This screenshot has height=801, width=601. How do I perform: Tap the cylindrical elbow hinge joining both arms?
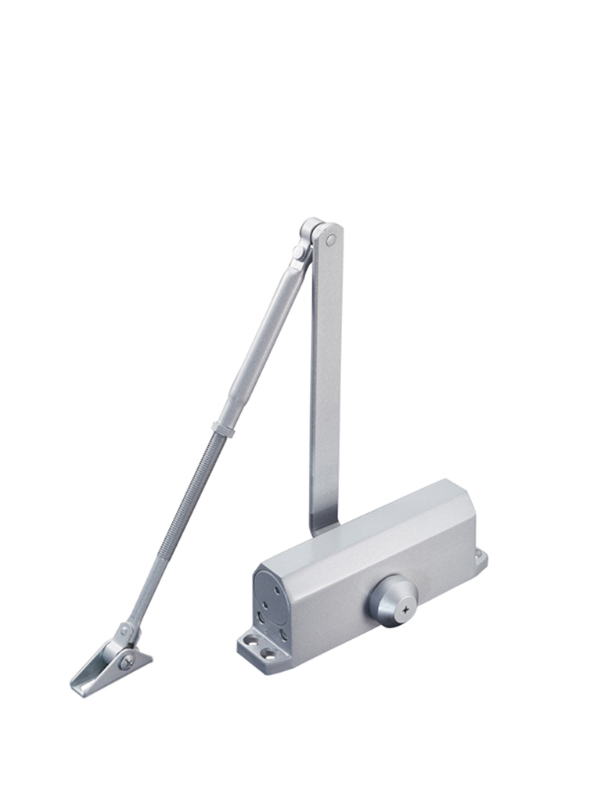310,231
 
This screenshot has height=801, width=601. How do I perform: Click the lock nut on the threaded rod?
223,429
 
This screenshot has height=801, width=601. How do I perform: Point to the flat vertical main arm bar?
325,375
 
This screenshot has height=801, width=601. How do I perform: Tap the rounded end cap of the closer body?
271,602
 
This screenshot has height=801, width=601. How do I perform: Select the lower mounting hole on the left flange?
268,652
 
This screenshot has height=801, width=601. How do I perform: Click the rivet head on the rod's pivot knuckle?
123,628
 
